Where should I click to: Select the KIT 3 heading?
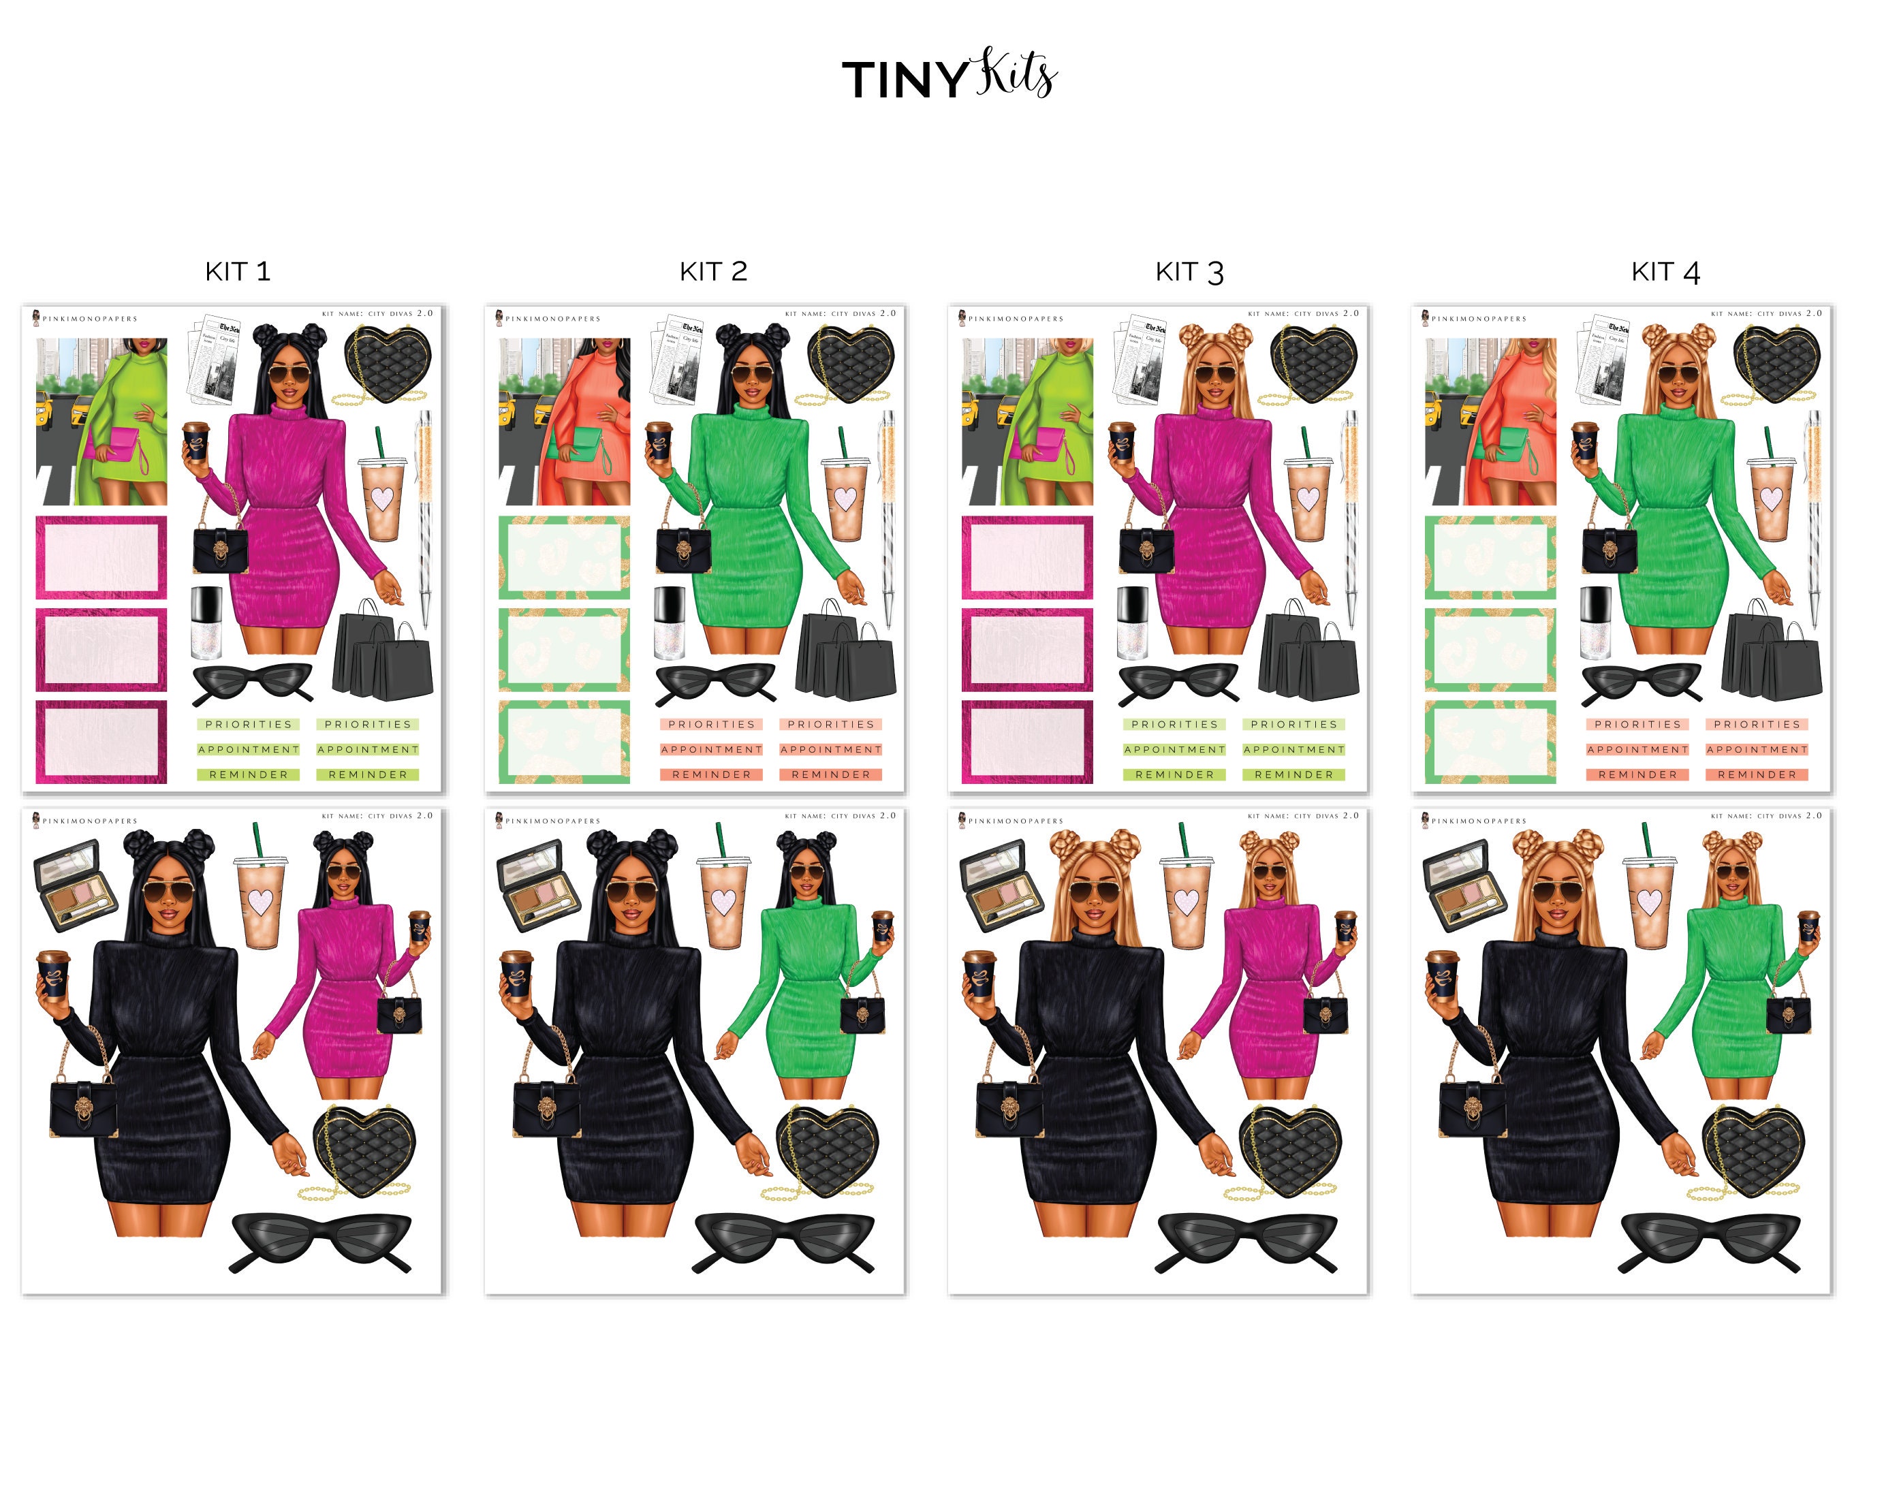click(x=1189, y=272)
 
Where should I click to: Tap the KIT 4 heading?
click(x=1665, y=272)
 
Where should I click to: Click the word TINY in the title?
click(x=904, y=80)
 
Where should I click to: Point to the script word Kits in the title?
click(x=1017, y=74)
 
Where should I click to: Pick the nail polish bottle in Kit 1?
click(x=206, y=623)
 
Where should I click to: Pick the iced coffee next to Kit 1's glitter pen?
click(x=382, y=497)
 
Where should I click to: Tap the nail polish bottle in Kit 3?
click(x=1133, y=623)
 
